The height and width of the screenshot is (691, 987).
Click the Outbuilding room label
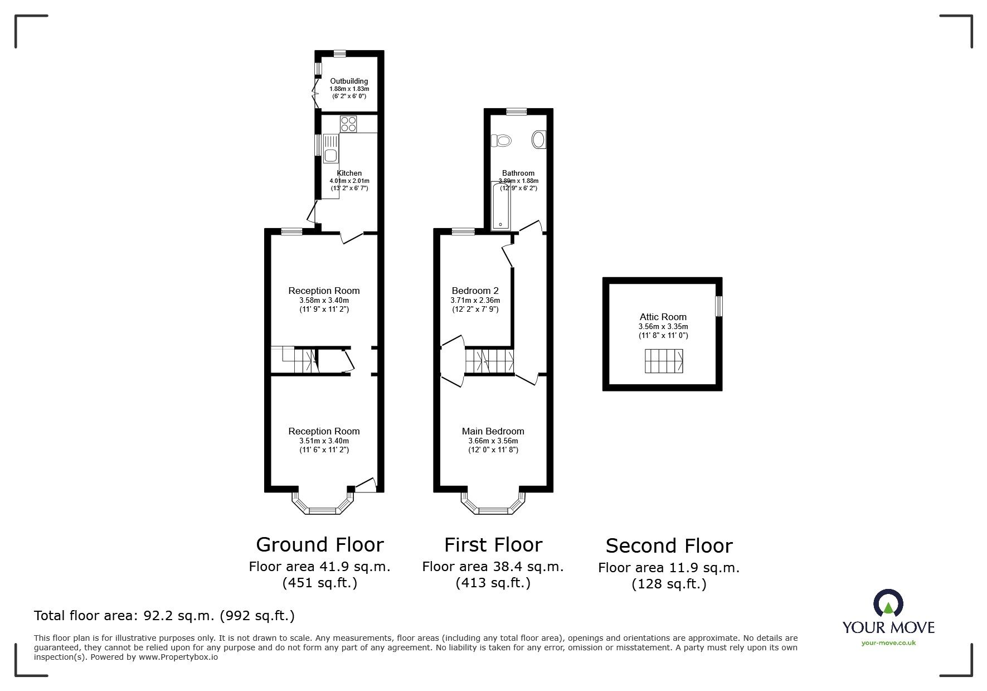[x=349, y=81]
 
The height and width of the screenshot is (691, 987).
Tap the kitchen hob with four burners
[x=349, y=123]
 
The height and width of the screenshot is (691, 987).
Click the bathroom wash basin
[x=539, y=139]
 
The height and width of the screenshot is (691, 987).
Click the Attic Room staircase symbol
[x=664, y=361]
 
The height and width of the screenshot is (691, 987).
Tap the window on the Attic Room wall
[x=719, y=306]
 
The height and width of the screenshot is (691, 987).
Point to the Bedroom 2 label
[x=475, y=291]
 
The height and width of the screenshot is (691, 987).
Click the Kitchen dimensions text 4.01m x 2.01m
[x=349, y=181]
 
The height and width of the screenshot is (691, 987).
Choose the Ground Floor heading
[x=320, y=544]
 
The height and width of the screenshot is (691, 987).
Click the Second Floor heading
[x=669, y=545]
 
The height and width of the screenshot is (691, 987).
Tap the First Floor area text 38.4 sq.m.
[x=493, y=567]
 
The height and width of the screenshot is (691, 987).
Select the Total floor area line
[x=164, y=616]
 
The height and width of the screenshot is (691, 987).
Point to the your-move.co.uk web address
[x=888, y=643]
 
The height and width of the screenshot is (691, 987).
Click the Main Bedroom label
[x=493, y=431]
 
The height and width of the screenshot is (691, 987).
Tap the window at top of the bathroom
[x=517, y=111]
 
